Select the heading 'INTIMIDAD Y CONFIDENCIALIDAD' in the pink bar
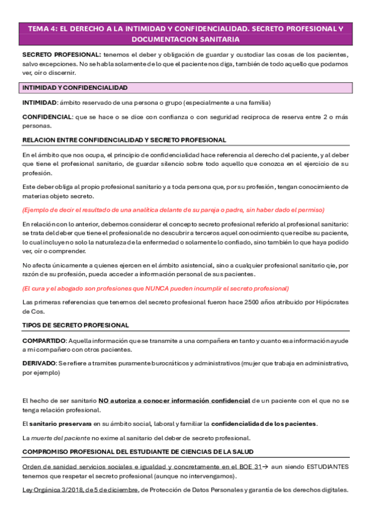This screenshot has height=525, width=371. (x=75, y=88)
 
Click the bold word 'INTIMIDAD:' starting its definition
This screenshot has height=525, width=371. (x=39, y=103)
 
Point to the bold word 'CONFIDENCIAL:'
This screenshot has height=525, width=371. (x=46, y=116)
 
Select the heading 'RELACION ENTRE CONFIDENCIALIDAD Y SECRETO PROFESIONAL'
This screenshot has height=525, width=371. (x=124, y=140)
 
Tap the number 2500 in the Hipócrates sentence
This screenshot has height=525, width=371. (x=243, y=302)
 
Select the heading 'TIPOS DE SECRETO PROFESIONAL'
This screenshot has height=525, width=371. (x=76, y=325)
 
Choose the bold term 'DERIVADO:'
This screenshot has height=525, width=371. (x=38, y=362)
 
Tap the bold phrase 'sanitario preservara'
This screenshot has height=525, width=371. (x=59, y=423)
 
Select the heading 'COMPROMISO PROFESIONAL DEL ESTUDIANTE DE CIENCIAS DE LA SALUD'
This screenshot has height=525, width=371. (x=137, y=451)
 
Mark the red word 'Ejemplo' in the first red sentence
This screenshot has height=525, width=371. (x=37, y=209)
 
